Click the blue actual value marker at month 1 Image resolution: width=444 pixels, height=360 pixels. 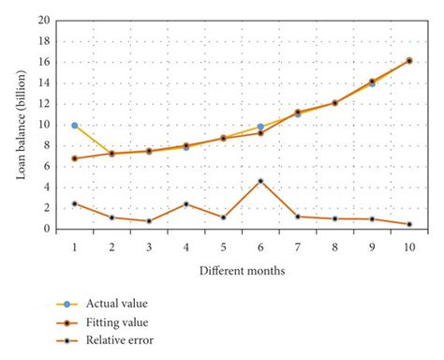tap(74, 125)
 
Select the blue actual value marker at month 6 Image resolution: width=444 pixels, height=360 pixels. tap(260, 127)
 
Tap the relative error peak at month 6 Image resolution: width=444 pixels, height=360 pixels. tap(260, 181)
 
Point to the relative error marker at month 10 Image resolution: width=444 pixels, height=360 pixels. tap(409, 224)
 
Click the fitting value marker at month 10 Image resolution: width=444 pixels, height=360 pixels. tap(409, 61)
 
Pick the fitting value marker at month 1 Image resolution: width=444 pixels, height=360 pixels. tap(74, 158)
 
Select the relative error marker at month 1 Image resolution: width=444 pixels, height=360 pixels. tap(74, 203)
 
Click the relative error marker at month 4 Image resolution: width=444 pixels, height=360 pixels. tap(186, 203)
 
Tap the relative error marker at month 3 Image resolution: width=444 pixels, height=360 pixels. tap(149, 221)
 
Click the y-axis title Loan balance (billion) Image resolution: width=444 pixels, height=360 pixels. tap(21, 124)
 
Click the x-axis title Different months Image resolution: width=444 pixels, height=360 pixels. tap(243, 271)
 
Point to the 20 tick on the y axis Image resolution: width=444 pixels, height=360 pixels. tap(44, 20)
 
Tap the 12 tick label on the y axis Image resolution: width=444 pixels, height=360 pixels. tap(44, 103)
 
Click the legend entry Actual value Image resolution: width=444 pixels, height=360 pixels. tap(116, 303)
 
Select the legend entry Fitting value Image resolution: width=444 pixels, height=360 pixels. tap(117, 322)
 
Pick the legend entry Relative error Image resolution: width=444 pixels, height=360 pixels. tap(119, 340)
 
